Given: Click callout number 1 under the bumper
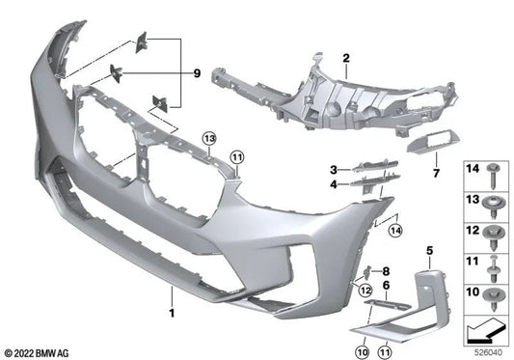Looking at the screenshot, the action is [173, 314].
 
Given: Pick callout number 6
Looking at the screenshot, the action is [387, 287].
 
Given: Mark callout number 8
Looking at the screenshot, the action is [386, 271].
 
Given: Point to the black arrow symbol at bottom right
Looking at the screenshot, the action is [484, 332].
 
